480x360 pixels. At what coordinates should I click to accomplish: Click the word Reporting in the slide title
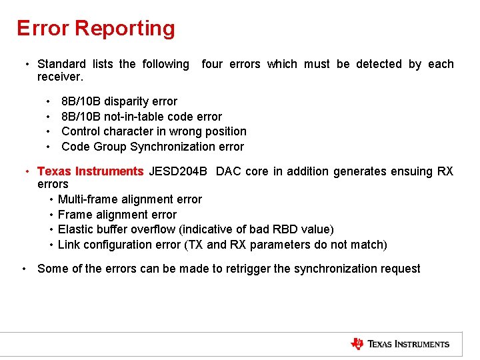pos(125,29)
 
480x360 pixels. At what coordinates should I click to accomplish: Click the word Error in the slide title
pos(43,29)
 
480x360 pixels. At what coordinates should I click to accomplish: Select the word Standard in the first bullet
pos(61,64)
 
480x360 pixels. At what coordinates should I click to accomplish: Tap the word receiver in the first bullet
pos(59,77)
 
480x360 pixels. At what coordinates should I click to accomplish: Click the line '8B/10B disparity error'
pos(119,101)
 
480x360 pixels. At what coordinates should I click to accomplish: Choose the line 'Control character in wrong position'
pos(153,131)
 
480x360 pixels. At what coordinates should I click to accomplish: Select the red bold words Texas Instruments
pos(90,171)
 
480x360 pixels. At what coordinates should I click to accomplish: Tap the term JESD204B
pos(178,171)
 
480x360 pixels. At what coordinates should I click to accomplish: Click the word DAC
pos(229,171)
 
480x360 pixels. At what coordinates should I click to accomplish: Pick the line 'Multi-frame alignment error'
pos(129,199)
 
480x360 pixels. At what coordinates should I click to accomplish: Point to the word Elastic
pos(76,229)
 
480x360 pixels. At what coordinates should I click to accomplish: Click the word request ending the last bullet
pos(399,269)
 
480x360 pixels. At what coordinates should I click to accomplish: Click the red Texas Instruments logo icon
pos(357,344)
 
